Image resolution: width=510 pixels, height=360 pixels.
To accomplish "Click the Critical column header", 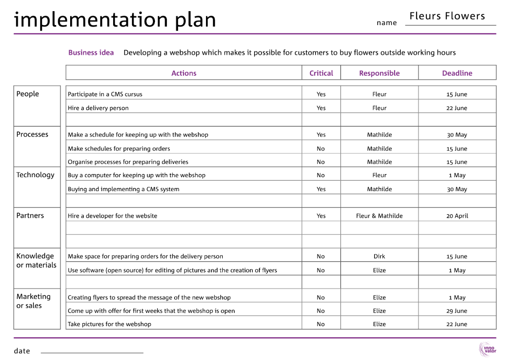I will pos(321,73).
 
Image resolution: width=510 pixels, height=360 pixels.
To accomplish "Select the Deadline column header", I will pos(457,73).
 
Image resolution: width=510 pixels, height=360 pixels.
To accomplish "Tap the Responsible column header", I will pos(379,73).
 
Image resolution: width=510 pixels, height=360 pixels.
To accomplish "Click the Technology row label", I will pos(35,175).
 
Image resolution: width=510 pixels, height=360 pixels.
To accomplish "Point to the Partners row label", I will pos(30,215).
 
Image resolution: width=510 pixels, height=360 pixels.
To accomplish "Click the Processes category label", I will pos(32,134).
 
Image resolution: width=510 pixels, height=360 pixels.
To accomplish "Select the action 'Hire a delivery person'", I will pos(98,108).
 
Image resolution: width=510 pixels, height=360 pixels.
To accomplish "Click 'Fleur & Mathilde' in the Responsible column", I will pos(379,216).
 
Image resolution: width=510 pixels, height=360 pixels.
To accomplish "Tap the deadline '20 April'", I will pos(457,216).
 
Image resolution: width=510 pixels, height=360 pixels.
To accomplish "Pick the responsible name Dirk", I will pos(379,256).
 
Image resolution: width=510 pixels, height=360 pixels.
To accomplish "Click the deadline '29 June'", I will pos(457,311).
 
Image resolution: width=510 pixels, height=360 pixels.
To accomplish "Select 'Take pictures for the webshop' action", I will pos(110,324).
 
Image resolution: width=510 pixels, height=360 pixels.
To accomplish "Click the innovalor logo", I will pos(487,349).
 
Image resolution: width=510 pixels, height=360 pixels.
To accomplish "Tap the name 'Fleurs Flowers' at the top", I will pos(447,16).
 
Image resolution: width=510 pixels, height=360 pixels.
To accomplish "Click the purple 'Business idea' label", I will pos(91,53).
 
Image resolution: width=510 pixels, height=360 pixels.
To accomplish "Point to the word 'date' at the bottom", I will pos(22,351).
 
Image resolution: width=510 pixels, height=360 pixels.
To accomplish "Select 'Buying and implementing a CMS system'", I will pos(124,189).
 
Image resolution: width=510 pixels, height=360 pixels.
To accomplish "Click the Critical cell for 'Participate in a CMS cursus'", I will pos(321,94).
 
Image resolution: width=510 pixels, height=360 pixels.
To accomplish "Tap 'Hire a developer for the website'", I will pos(112,216).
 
